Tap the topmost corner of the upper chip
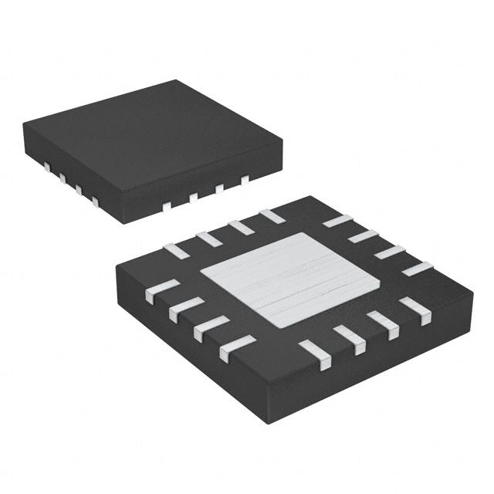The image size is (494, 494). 178,80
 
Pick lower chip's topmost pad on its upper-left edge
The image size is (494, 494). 271,216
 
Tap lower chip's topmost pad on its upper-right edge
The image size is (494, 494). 337,221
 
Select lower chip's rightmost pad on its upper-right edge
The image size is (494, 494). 418,269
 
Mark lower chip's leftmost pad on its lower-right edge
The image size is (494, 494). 314,350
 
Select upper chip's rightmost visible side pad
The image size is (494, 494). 245,179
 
